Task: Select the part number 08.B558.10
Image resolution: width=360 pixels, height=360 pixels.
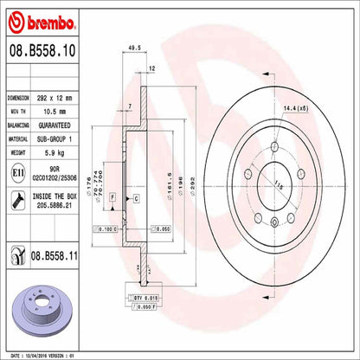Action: [x=42, y=54]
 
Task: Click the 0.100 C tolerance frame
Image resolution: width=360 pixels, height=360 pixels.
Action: [x=106, y=228]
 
